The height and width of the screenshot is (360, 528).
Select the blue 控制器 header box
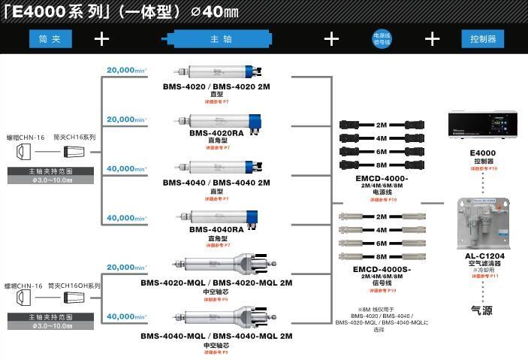click(x=483, y=39)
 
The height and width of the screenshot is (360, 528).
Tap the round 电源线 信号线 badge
click(x=382, y=39)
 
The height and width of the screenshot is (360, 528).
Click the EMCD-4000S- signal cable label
click(x=382, y=268)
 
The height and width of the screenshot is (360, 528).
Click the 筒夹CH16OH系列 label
click(x=74, y=286)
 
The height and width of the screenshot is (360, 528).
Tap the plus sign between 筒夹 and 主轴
click(x=102, y=39)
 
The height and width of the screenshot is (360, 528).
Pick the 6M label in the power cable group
click(x=382, y=151)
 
